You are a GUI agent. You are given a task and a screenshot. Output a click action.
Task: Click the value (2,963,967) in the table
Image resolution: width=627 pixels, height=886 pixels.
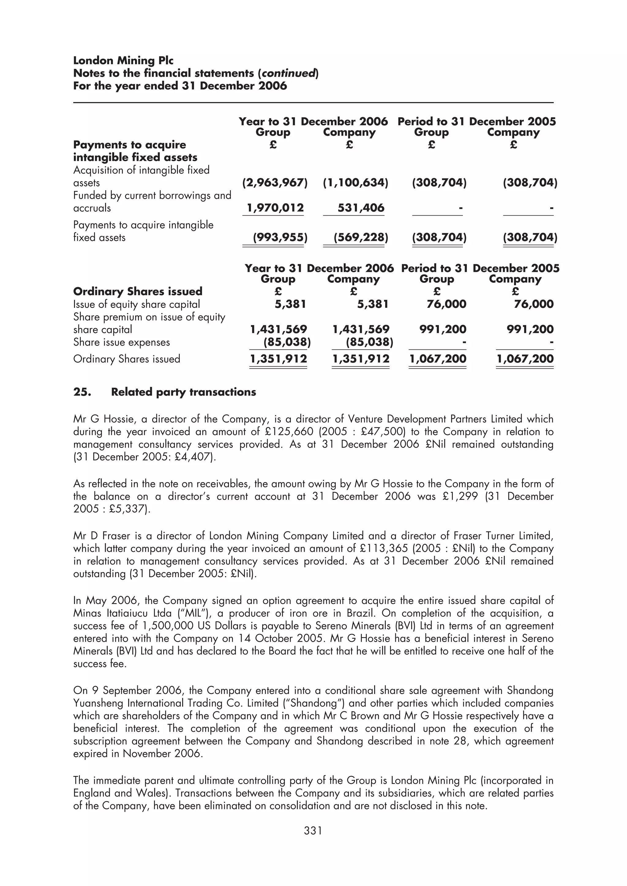[x=275, y=183]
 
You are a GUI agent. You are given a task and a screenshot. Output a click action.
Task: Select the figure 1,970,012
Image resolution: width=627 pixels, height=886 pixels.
[x=275, y=208]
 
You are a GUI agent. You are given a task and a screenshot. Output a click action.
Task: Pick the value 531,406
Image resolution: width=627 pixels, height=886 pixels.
[x=361, y=208]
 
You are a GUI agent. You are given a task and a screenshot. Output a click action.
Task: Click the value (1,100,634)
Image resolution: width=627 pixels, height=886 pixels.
[x=355, y=183]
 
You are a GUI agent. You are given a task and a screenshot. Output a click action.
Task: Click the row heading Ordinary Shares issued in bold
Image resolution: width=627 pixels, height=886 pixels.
[x=137, y=291]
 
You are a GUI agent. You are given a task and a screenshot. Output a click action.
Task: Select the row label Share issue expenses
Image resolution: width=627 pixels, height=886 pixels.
[x=121, y=342]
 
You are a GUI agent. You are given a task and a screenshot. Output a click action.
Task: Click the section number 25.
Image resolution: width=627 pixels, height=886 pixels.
[x=82, y=392]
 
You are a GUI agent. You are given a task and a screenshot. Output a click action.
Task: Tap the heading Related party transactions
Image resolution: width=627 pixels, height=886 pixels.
[x=183, y=392]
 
